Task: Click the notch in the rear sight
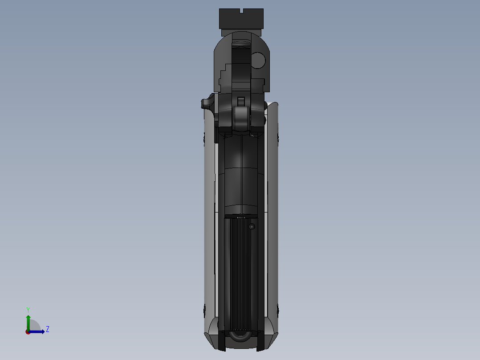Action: tap(242, 11)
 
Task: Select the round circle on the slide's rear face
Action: tap(258, 60)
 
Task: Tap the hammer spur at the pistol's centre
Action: tap(241, 116)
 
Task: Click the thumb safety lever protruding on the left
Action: tap(207, 103)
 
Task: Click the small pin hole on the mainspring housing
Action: tap(252, 226)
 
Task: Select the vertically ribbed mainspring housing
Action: tap(240, 272)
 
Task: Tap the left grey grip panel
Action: tap(209, 223)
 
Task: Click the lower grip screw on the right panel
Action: tap(277, 308)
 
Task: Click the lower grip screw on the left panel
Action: tap(205, 308)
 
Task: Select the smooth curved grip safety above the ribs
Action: tap(241, 178)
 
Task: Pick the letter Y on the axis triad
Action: tap(28, 309)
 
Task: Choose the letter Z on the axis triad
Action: tap(47, 329)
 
